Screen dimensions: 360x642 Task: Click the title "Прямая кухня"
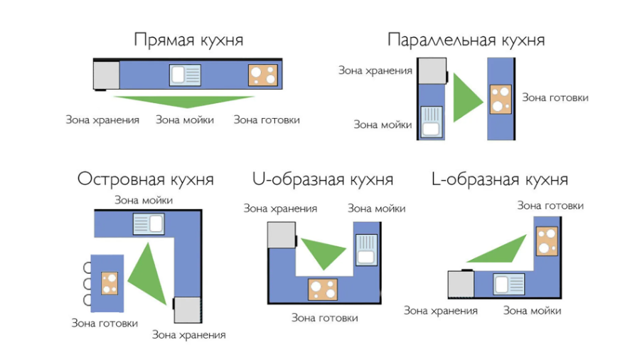(x=188, y=40)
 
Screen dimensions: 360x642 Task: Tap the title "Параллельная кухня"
(x=466, y=40)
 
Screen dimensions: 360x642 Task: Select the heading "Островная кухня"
(x=145, y=179)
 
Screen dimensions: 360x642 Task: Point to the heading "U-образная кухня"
(x=323, y=179)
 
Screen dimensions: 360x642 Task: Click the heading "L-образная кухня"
(x=500, y=179)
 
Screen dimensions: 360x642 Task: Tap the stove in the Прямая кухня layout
(x=262, y=75)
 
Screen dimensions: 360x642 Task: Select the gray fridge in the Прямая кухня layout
(x=107, y=75)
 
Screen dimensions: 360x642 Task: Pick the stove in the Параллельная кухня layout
(x=501, y=99)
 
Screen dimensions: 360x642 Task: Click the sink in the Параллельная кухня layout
(x=431, y=121)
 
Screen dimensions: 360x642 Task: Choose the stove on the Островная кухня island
(x=109, y=282)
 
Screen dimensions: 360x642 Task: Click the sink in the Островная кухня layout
(x=148, y=224)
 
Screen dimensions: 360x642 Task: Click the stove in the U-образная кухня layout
(x=323, y=289)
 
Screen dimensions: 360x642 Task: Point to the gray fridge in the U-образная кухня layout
(x=281, y=234)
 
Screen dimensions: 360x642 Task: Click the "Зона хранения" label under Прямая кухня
(x=102, y=120)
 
